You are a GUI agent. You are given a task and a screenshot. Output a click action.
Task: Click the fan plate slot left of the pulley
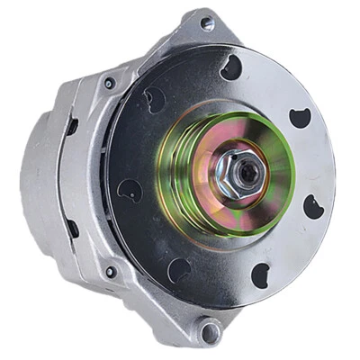(x=130, y=189)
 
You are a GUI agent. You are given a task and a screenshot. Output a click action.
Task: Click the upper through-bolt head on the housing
(x=110, y=83)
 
